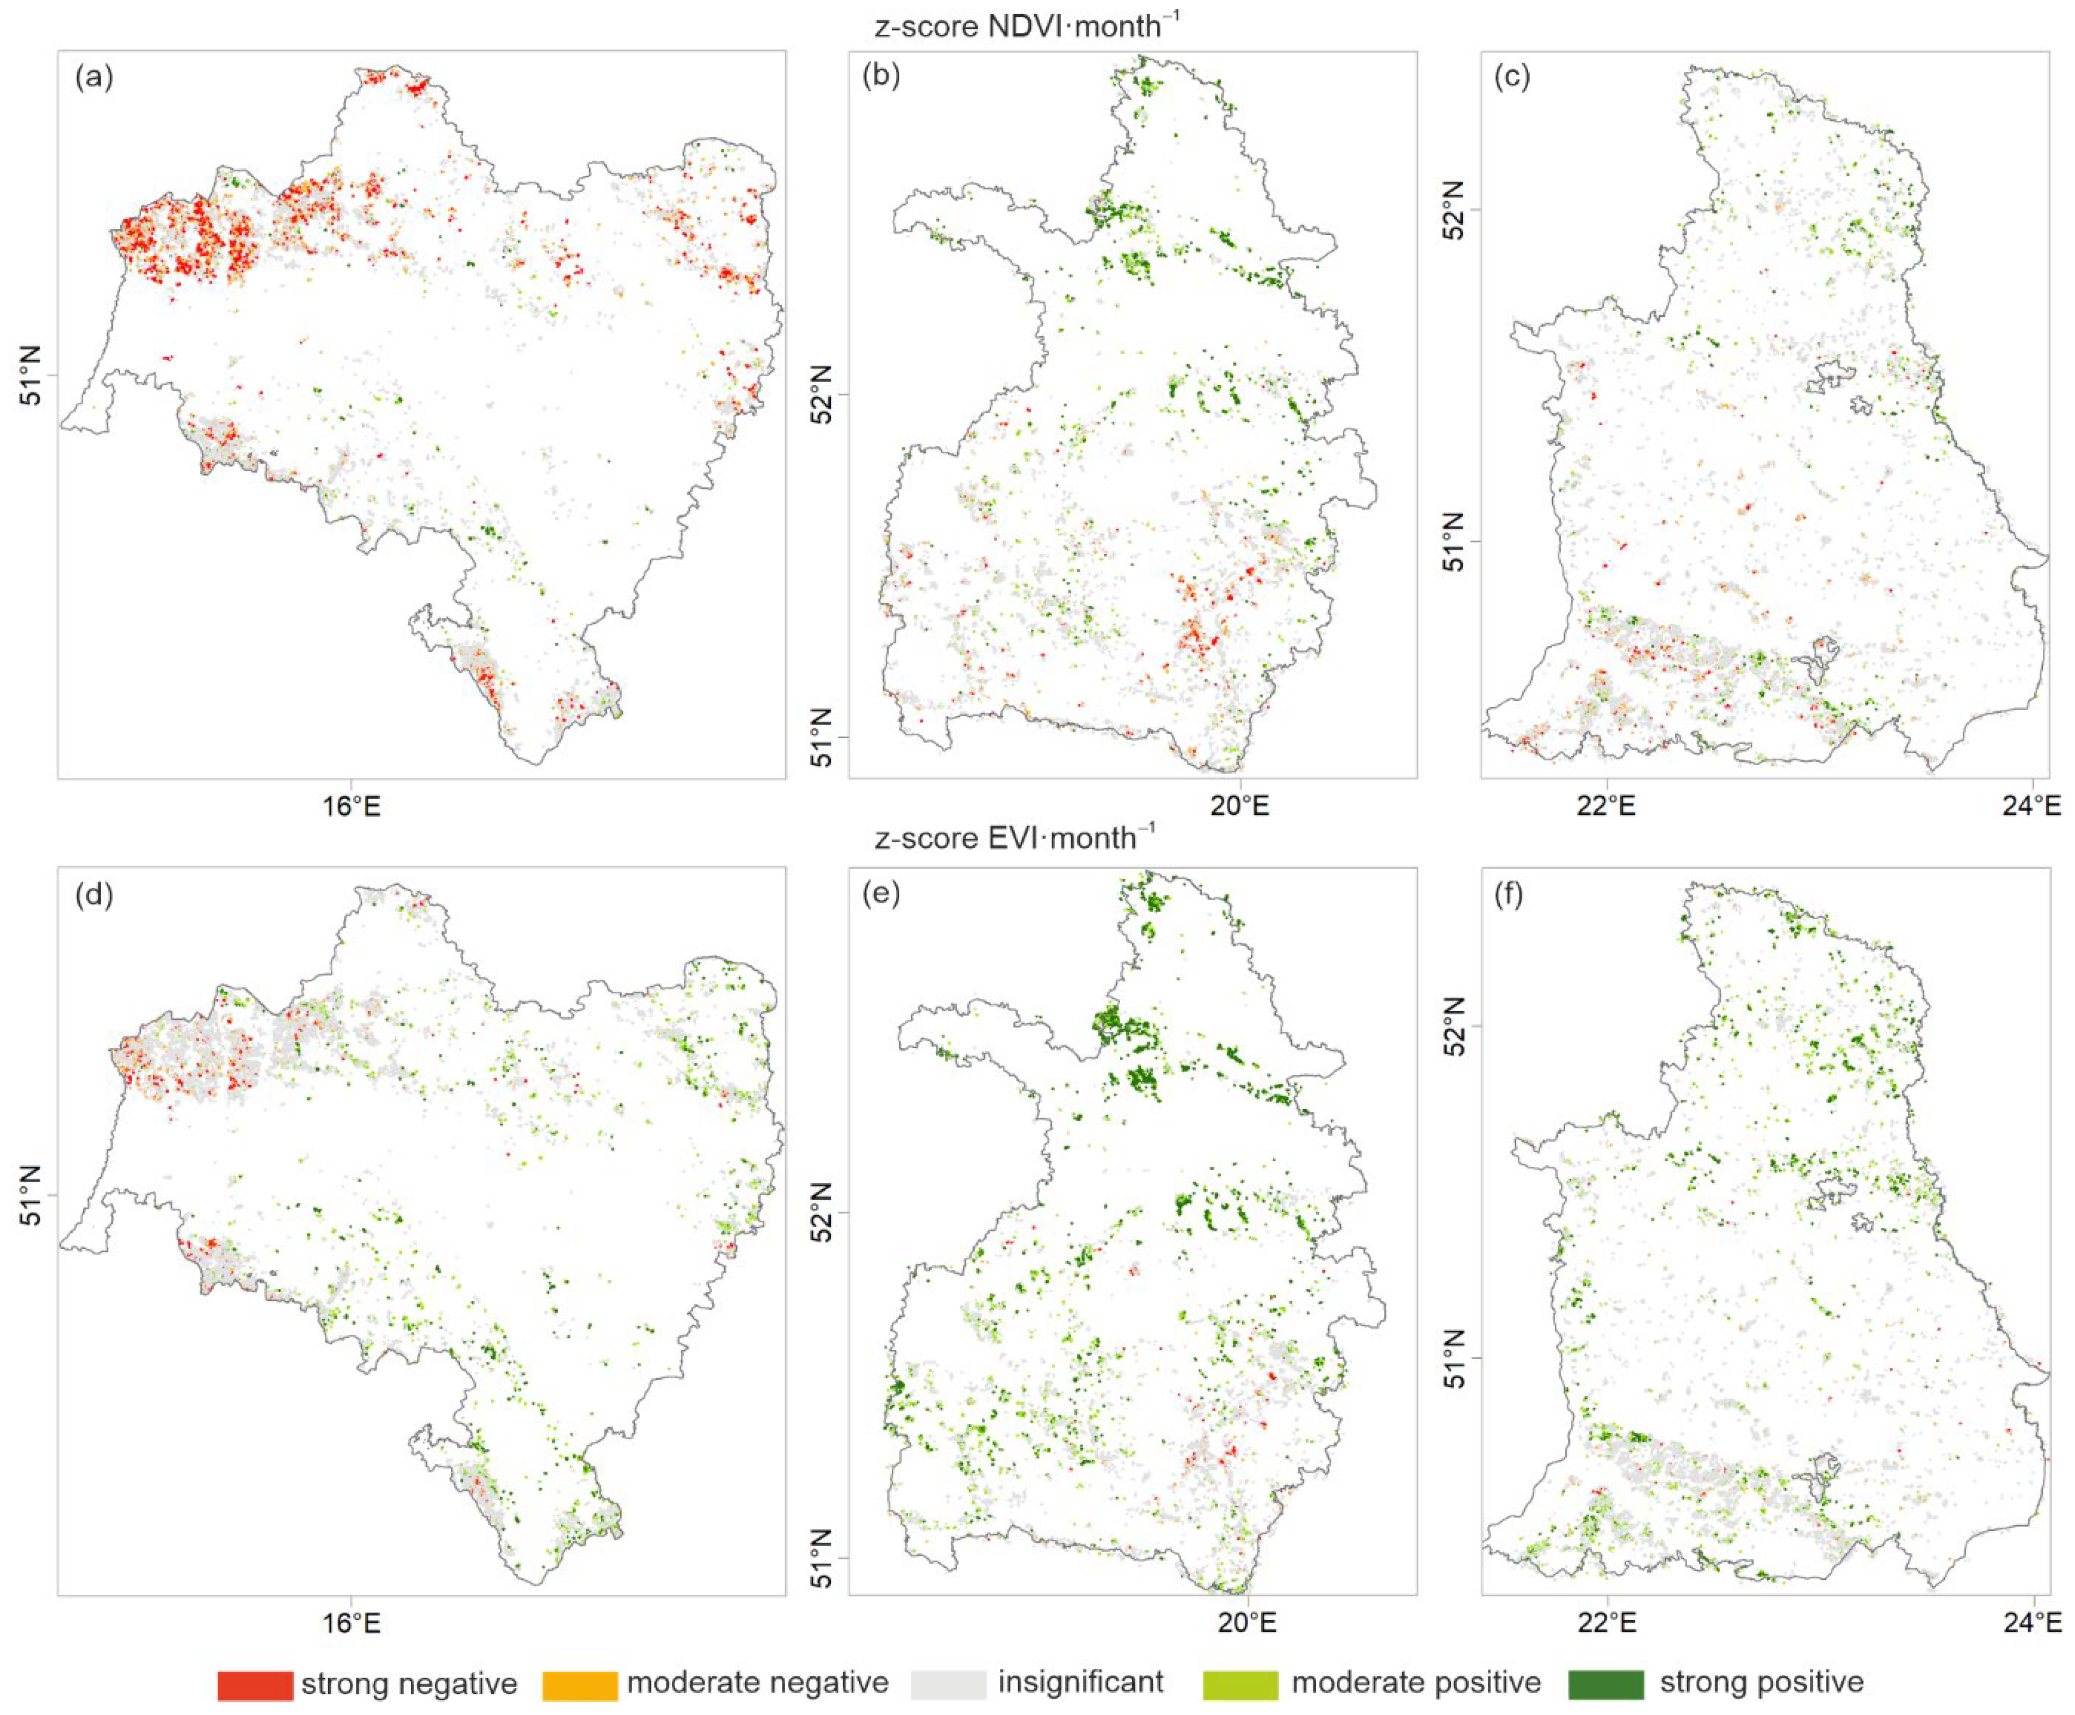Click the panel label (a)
pos(94,78)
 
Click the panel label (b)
pos(881,77)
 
